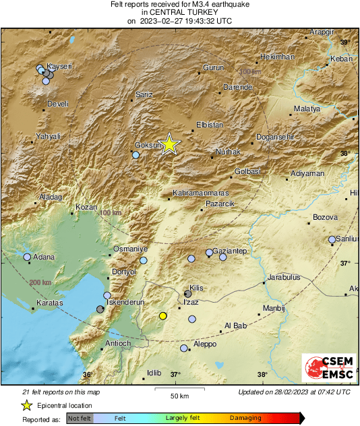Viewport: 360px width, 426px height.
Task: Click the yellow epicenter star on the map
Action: point(169,144)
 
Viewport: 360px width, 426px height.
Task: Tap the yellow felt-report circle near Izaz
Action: point(162,315)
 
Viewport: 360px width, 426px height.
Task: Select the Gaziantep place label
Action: point(232,251)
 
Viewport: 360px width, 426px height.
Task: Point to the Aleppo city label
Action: point(205,344)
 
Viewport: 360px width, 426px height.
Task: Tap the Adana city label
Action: point(45,257)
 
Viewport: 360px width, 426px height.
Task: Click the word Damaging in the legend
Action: point(245,418)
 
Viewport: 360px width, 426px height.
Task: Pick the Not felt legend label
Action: point(80,418)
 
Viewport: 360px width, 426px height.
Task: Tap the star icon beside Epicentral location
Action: point(26,405)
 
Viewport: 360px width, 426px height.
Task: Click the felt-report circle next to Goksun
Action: point(136,155)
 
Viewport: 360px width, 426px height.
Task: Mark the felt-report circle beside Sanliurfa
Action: point(332,239)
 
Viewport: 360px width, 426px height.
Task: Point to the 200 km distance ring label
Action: point(40,283)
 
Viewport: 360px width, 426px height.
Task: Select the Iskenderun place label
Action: point(127,303)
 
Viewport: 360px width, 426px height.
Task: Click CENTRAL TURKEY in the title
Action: point(179,12)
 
